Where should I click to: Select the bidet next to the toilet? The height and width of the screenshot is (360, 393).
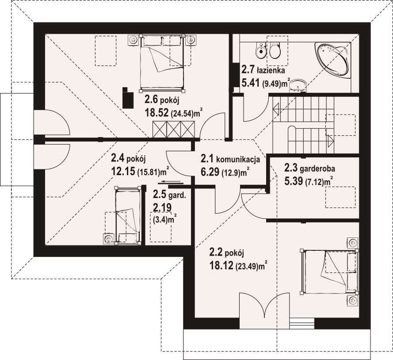click(260, 51)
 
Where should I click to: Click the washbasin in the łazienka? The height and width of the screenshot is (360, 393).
click(298, 86)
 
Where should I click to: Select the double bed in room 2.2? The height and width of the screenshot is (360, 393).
click(329, 272)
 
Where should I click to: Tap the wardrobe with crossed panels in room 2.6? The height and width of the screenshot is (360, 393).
click(173, 129)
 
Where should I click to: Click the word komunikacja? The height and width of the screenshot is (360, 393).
click(238, 159)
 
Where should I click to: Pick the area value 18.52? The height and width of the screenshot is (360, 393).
click(156, 113)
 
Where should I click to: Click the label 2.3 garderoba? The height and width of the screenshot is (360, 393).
click(309, 168)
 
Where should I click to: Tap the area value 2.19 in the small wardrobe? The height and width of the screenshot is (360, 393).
click(162, 207)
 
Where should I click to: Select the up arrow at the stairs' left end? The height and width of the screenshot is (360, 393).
click(276, 109)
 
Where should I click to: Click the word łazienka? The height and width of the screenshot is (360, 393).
click(271, 70)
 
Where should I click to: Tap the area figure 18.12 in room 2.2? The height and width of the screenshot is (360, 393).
click(221, 265)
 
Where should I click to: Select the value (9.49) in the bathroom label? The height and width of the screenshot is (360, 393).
click(271, 84)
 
